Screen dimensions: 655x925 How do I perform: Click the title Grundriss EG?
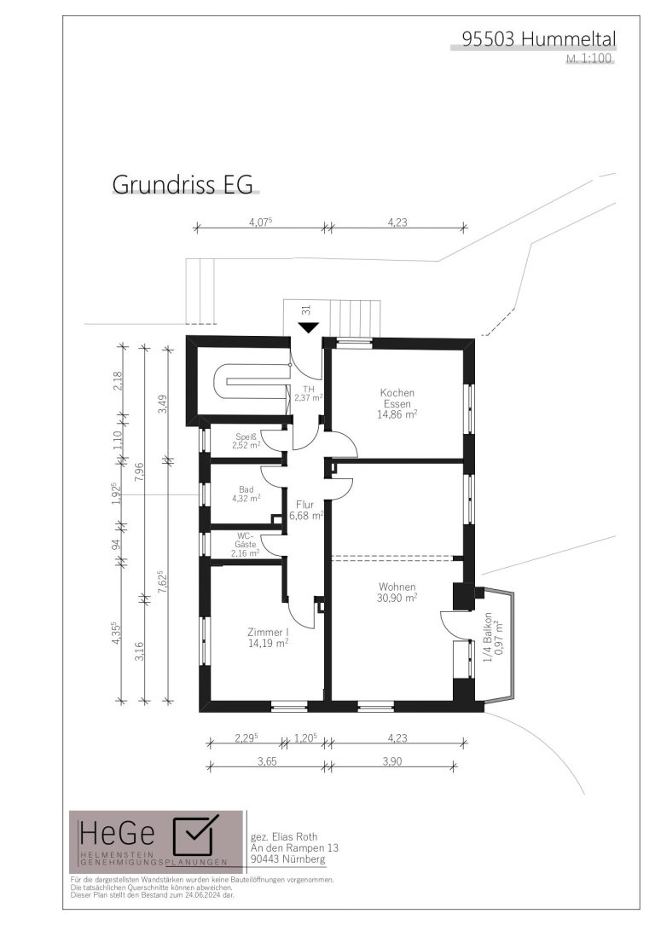point(183,184)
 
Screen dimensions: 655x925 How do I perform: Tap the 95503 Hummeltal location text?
point(539,39)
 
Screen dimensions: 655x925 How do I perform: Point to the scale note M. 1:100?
point(588,59)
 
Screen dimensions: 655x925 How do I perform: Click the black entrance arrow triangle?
point(308,327)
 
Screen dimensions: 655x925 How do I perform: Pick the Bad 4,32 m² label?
point(246,494)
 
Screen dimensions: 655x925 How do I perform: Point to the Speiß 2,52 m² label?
point(246,442)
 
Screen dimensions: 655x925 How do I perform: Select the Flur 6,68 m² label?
point(305,511)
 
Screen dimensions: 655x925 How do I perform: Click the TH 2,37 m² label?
point(308,394)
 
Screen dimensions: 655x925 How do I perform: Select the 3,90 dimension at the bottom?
point(391,761)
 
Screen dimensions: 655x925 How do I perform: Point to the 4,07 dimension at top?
point(259,223)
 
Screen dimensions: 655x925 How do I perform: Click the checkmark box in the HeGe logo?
point(193,835)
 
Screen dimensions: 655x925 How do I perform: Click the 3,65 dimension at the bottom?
point(267,761)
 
